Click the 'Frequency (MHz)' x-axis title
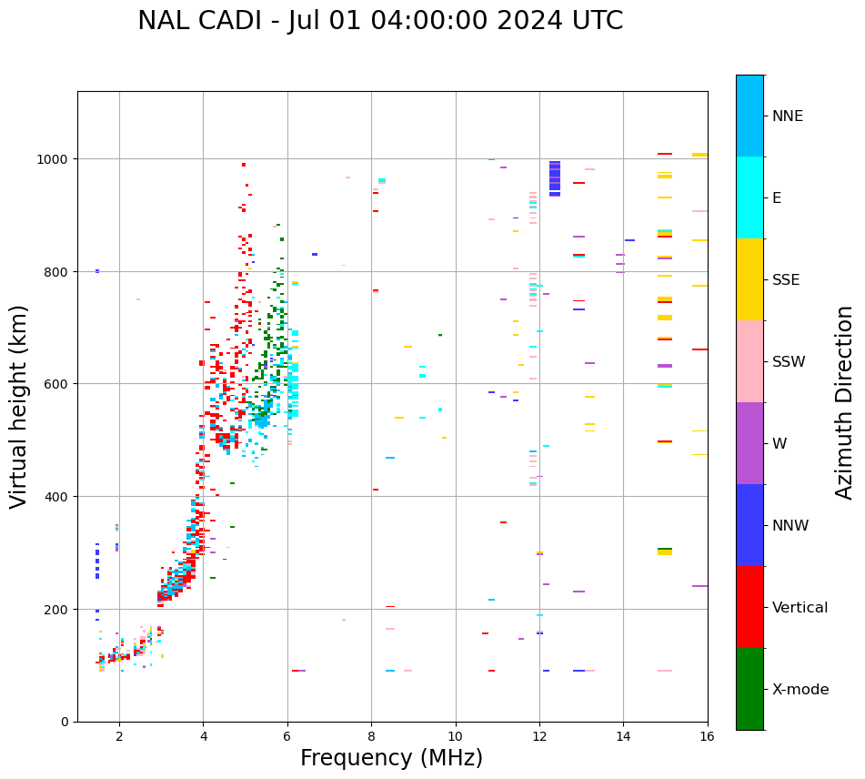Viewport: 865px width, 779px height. (391, 758)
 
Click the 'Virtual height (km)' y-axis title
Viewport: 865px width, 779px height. (19, 407)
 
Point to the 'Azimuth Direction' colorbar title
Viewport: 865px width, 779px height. (845, 402)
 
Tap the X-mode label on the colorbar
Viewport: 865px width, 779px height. (800, 690)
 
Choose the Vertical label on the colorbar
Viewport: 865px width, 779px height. (800, 608)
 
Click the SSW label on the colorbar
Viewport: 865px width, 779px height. (789, 362)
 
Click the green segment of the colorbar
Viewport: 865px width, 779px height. (749, 689)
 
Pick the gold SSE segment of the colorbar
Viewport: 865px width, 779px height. (749, 279)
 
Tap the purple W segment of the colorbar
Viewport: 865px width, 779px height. (749, 443)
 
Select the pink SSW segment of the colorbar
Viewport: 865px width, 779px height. (749, 361)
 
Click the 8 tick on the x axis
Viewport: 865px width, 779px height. (371, 737)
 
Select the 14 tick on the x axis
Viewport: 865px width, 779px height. (623, 737)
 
